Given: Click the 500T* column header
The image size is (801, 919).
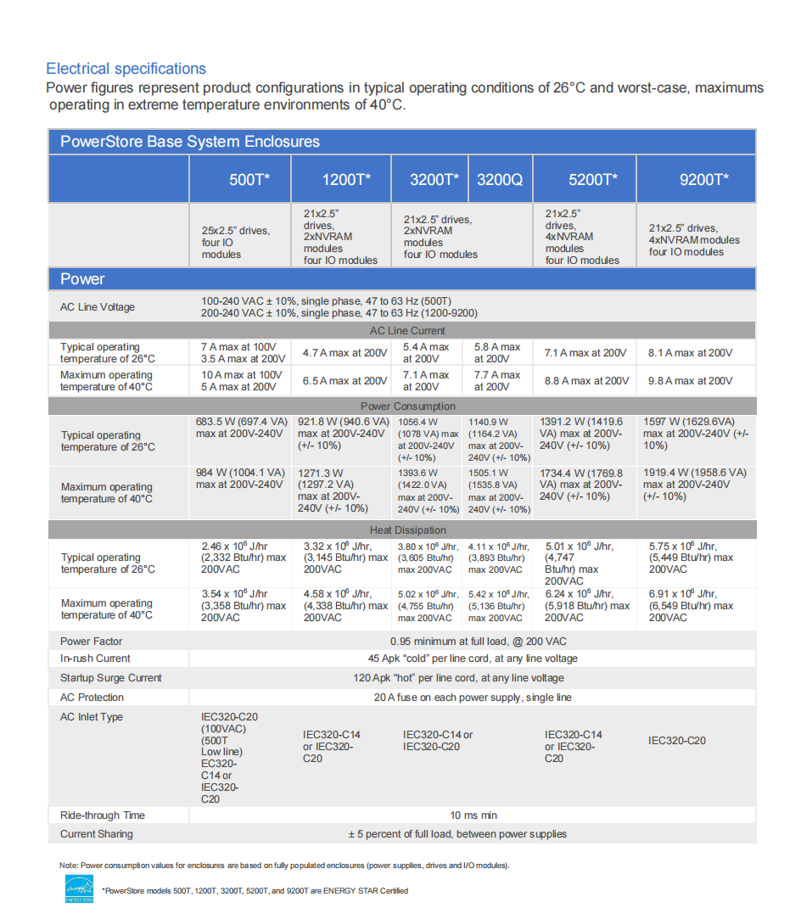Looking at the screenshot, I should tap(249, 179).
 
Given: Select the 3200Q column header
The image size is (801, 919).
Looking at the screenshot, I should tap(500, 179).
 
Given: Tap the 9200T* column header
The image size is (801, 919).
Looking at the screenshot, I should tap(704, 179).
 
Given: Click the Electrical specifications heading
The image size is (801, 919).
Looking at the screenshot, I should tap(126, 69).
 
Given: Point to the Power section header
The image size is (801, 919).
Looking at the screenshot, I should tap(82, 279).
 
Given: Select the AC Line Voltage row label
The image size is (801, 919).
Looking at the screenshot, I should tap(97, 307).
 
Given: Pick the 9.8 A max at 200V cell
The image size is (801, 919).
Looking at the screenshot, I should tap(690, 381).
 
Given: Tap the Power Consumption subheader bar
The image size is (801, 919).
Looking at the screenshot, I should tap(401, 406).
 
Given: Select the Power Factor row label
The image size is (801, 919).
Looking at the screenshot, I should tap(92, 642).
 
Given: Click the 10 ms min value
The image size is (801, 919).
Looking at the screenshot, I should tap(473, 815).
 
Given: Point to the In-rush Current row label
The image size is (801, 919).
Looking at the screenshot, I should tap(95, 658).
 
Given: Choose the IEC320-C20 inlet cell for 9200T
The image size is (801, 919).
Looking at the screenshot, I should tap(676, 741).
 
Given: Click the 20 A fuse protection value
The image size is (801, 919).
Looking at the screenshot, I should tap(473, 698).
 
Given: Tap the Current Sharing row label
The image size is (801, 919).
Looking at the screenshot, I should tap(96, 834).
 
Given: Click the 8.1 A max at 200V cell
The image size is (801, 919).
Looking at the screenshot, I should tap(690, 353).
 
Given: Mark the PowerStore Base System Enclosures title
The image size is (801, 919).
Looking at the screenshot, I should tap(189, 142).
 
